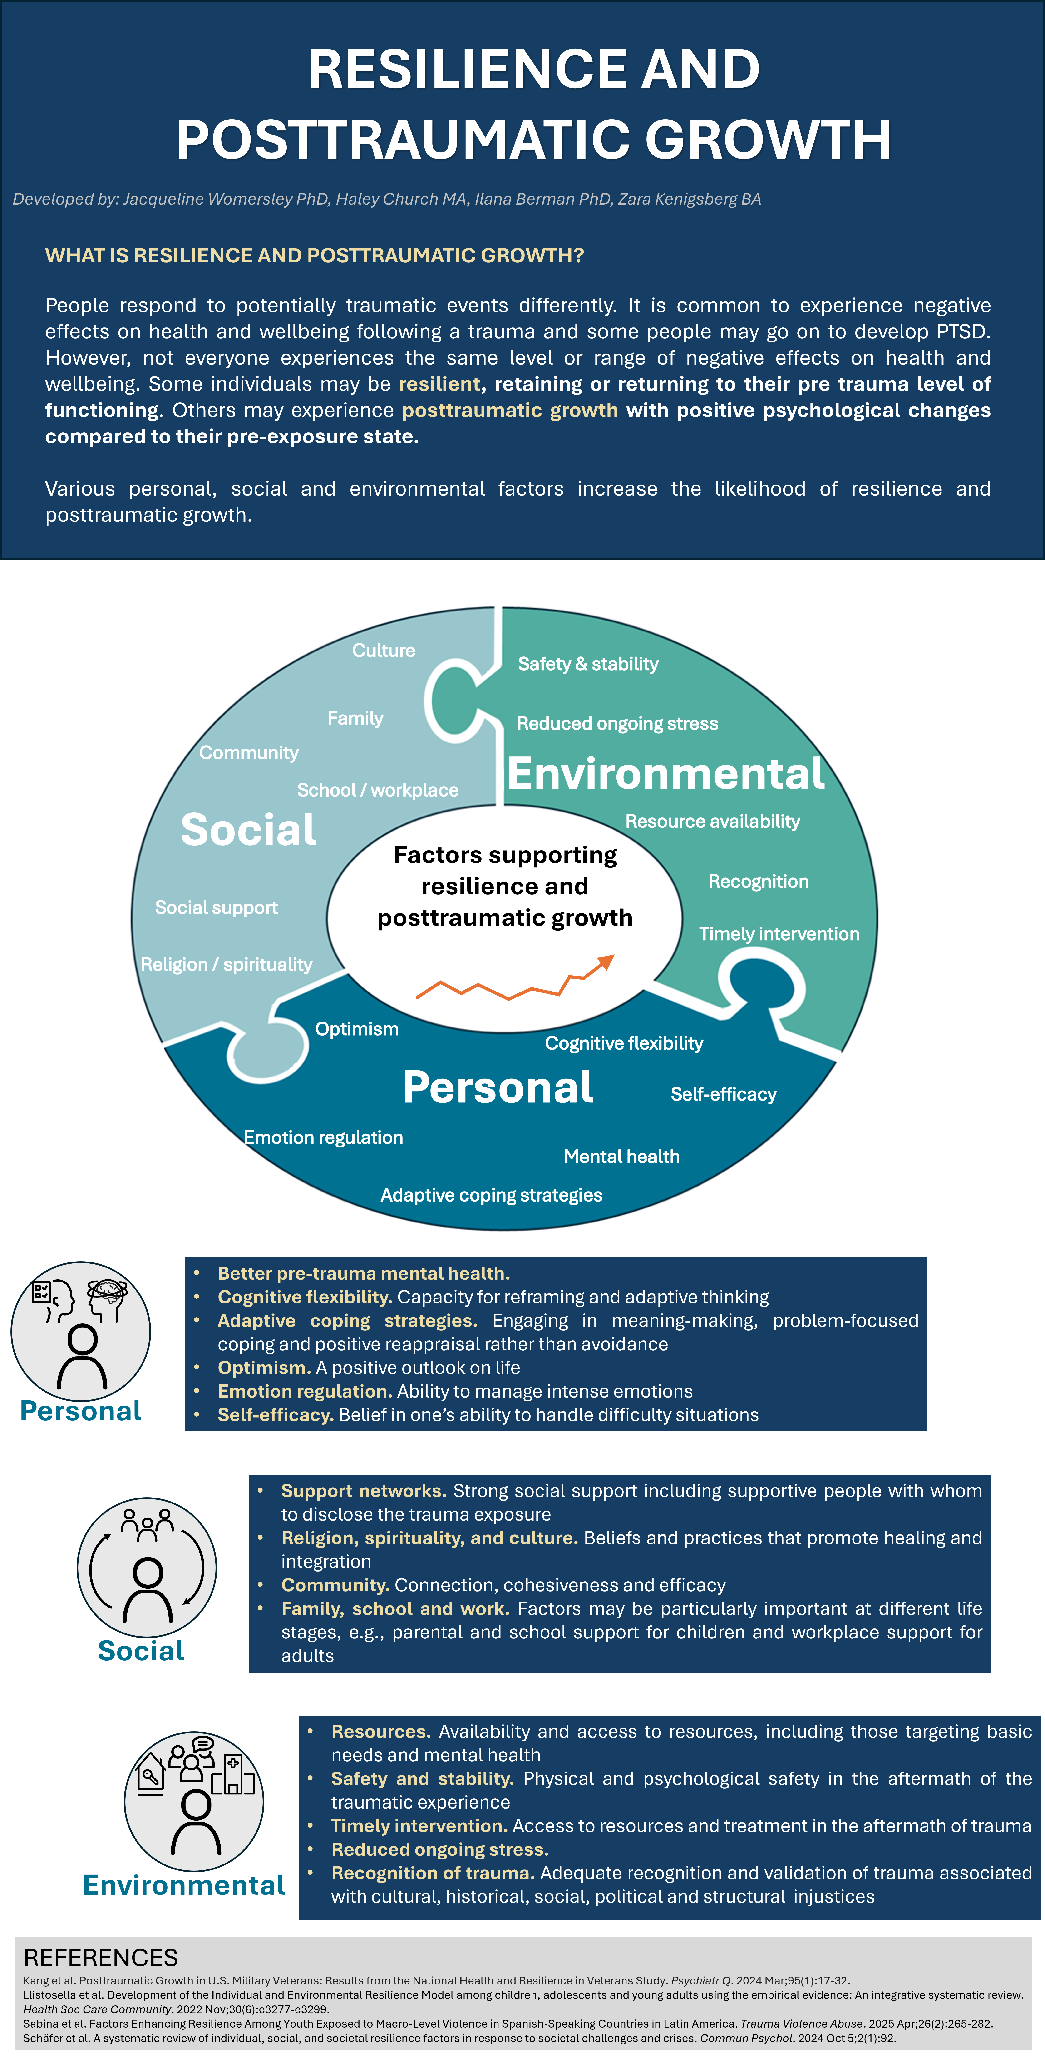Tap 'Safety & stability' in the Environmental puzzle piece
588,664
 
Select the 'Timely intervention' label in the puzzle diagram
779,934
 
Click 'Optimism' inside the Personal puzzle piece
356,1029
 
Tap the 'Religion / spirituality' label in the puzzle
226,965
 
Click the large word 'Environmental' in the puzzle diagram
665,774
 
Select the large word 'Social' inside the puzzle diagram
248,830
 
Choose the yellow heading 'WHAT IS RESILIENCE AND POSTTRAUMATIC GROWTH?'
314,256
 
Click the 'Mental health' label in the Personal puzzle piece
621,1157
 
